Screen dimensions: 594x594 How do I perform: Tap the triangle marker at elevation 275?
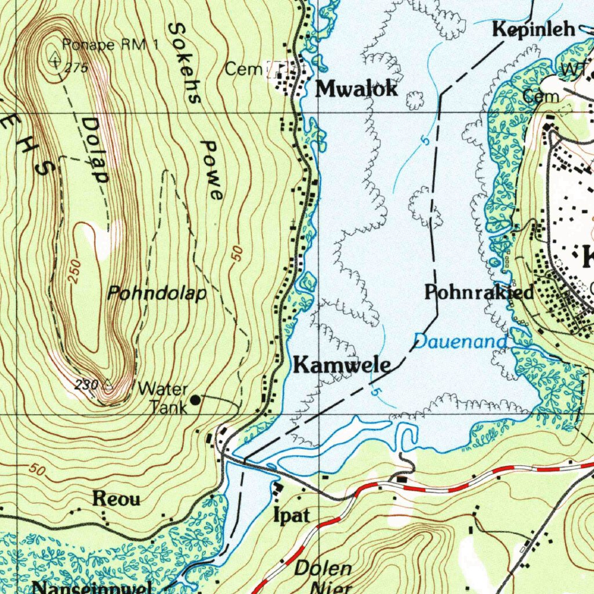[55, 58]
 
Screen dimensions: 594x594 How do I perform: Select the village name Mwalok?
[356, 89]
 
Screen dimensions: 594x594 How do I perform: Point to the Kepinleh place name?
[534, 30]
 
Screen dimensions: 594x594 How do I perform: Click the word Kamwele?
[341, 365]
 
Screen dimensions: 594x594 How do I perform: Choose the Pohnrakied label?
[479, 292]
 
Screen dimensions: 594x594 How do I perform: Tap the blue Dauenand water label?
[460, 342]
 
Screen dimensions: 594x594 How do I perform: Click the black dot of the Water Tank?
[196, 399]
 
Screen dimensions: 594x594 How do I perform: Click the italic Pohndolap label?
[157, 294]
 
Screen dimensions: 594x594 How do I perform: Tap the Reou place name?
[117, 499]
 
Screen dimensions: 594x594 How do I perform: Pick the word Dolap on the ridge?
[95, 150]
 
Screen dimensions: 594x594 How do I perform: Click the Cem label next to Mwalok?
[241, 70]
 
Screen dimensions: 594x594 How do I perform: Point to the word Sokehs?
[184, 64]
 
